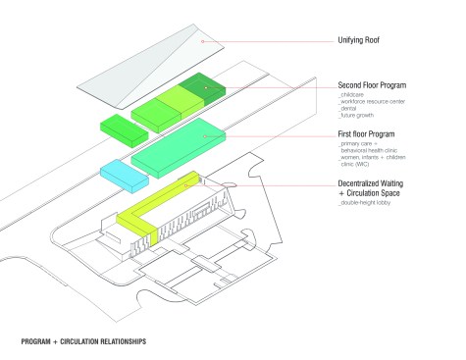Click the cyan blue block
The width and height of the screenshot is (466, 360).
click(x=125, y=174)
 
